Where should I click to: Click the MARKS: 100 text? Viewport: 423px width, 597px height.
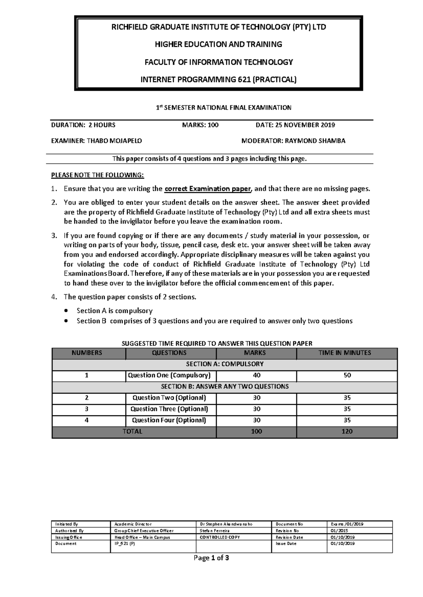coord(200,125)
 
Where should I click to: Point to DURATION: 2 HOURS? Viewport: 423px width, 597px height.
coord(83,125)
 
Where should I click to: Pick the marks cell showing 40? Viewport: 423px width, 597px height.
coord(256,375)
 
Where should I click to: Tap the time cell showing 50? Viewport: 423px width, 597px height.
coord(347,375)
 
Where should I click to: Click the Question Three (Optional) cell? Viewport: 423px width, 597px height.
coord(169,409)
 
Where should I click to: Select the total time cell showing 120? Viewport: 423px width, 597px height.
coord(347,432)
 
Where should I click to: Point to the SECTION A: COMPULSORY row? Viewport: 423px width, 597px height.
coord(225,364)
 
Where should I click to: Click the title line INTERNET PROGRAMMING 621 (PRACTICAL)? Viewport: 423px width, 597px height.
coord(219,80)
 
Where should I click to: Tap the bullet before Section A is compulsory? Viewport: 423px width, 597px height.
coord(66,311)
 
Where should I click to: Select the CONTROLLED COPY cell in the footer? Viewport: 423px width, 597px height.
coord(215,537)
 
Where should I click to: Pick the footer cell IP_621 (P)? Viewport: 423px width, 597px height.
coord(122,543)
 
